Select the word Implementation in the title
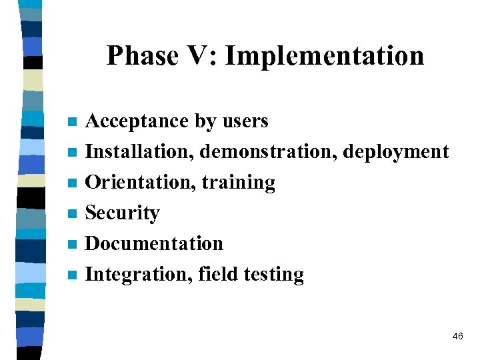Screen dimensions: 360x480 pos(324,55)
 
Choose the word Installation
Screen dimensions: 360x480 pos(139,152)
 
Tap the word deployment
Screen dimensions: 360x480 pos(396,153)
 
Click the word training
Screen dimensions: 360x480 pos(239,183)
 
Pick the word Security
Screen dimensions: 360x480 pos(123,213)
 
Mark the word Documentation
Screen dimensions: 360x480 pos(154,243)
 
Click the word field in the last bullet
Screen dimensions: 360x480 pos(214,274)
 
